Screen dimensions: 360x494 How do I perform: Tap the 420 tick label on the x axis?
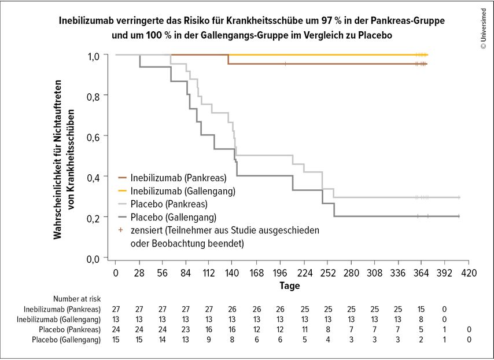[469, 273]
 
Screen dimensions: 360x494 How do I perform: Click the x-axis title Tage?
[290, 285]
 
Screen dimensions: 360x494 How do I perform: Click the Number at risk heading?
[78, 299]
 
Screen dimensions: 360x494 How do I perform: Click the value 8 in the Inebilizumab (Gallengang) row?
[422, 319]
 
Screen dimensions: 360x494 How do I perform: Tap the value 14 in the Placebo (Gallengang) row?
[163, 339]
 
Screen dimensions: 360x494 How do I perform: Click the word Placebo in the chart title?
[377, 35]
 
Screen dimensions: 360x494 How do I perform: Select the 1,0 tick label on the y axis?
[96, 56]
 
